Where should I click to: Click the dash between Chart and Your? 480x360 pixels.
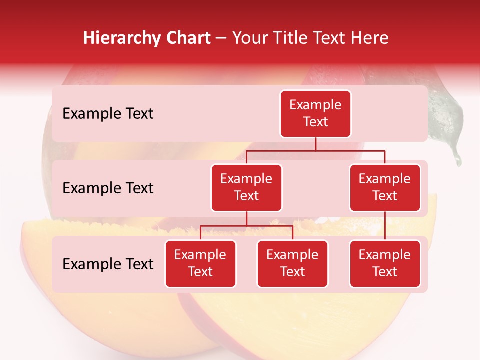click(221, 39)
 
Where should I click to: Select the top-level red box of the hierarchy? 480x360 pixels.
click(315, 114)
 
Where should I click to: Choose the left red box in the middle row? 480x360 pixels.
click(246, 188)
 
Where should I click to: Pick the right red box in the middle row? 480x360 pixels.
click(385, 188)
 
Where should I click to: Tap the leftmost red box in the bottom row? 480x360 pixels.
click(200, 264)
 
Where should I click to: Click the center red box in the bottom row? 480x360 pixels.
click(292, 264)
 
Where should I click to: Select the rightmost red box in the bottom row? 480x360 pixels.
click(385, 264)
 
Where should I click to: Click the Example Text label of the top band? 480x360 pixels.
click(108, 114)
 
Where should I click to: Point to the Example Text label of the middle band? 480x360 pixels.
click(108, 188)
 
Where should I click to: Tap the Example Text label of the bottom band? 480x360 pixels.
click(108, 264)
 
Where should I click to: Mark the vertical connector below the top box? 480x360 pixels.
click(315, 144)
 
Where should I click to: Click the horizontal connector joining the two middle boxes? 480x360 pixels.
click(315, 150)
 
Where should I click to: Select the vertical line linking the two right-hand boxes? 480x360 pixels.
click(385, 226)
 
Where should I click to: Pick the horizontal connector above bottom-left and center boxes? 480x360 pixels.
click(246, 226)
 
